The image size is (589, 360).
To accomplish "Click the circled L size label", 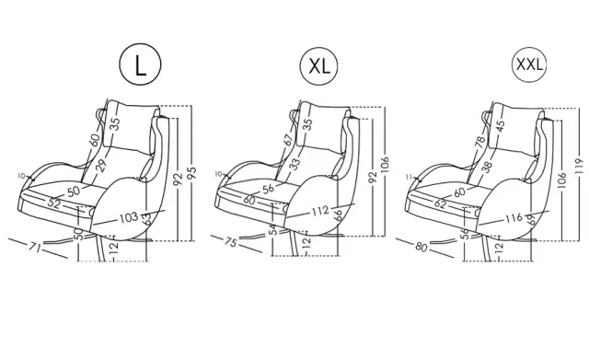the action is tap(140, 64).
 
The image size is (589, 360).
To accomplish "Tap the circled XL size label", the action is tap(318, 66).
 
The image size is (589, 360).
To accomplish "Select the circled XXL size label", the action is tap(529, 64).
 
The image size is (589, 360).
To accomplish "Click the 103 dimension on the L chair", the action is tap(129, 217).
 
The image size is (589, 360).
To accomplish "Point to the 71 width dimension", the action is tap(35, 248).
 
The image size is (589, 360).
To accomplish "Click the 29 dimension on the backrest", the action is tap(101, 166).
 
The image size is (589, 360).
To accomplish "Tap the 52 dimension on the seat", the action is tap(54, 203).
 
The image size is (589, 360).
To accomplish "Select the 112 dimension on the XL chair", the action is tap(320, 211).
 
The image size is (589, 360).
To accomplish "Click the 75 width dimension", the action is tap(230, 242).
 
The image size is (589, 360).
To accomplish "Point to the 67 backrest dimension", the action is tap(288, 140).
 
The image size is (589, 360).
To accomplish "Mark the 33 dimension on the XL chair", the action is tap(295, 164).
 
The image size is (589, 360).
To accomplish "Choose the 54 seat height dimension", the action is tap(275, 229).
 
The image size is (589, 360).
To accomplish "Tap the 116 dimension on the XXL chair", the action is tap(514, 217).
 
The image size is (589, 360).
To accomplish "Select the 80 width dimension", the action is tap(422, 248).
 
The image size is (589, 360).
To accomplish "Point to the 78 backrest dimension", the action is tap(480, 142).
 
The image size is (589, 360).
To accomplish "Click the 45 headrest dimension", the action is tap(501, 124).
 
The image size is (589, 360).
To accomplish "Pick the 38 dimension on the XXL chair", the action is tap(487, 167).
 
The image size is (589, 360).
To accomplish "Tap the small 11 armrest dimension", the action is tap(410, 177).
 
